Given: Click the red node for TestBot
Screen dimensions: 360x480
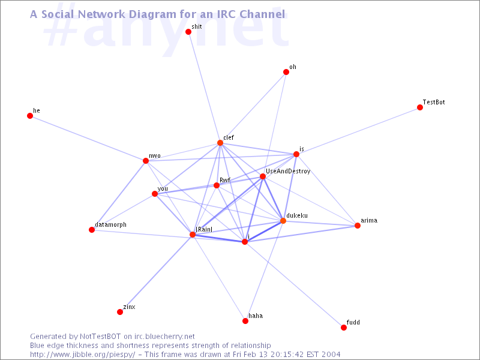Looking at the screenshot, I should (x=420, y=108).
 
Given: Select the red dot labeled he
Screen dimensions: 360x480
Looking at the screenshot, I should (x=30, y=116).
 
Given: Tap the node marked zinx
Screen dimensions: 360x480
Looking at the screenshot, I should (x=120, y=312).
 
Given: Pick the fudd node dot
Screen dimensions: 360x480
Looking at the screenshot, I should (x=344, y=328).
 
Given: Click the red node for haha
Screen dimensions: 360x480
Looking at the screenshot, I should (x=245, y=321).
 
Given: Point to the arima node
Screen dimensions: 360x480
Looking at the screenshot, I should (x=358, y=226).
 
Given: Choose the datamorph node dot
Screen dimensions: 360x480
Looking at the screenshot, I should (x=92, y=230).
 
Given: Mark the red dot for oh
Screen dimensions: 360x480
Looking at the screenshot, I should (x=286, y=72).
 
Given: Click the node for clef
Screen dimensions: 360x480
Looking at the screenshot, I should (x=220, y=143).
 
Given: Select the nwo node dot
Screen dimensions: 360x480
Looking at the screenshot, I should (x=145, y=161).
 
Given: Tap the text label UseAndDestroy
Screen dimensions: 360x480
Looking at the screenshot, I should (x=288, y=172).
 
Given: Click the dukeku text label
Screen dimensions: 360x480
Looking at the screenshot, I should (x=298, y=215).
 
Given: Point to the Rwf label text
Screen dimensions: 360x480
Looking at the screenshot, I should (x=225, y=180).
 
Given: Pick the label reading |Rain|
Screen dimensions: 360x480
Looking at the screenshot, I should (x=205, y=229).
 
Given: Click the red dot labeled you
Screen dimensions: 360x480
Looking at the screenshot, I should (x=155, y=194).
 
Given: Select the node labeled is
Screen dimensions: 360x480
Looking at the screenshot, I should (x=296, y=154).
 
